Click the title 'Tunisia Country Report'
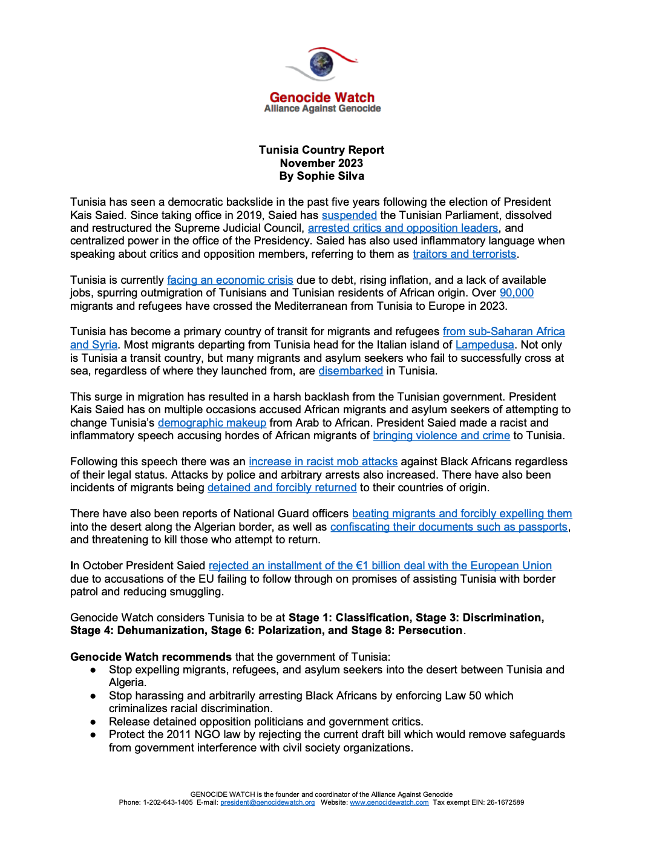click(321, 150)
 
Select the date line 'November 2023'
click(321, 163)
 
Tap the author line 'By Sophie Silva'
click(321, 176)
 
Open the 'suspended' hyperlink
click(349, 215)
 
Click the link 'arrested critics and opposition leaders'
click(403, 228)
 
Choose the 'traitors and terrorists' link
click(464, 254)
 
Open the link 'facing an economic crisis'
click(230, 280)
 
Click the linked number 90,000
click(516, 293)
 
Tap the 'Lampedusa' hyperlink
click(485, 345)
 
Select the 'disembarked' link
click(350, 371)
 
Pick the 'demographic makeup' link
click(212, 423)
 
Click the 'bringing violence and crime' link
click(441, 436)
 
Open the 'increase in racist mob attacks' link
click(323, 462)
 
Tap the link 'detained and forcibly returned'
click(282, 488)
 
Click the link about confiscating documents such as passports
click(448, 527)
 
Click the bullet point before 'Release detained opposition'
click(93, 722)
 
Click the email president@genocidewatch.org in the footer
click(267, 803)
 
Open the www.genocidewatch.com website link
click(389, 803)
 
